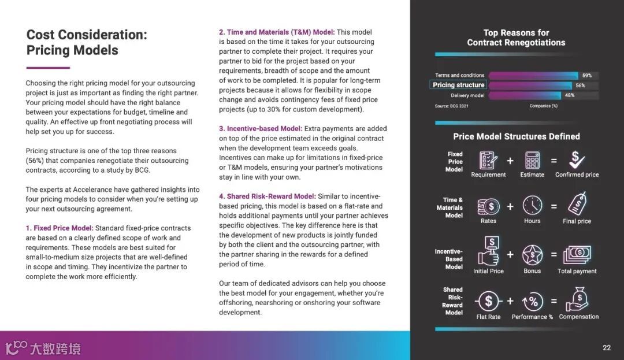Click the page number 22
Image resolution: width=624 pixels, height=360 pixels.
coord(607,347)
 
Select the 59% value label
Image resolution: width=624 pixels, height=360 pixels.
coord(587,76)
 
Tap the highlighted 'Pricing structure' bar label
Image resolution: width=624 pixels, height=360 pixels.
coord(459,85)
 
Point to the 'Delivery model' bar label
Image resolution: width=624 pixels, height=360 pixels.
coord(467,95)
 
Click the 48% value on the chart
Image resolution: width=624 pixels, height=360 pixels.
coord(569,95)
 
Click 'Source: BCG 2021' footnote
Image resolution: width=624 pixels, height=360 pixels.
coord(451,106)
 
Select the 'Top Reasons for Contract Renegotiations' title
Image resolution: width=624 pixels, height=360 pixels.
coord(516,38)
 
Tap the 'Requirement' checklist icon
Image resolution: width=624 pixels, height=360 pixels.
coord(488,159)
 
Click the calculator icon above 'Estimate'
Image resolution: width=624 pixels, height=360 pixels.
coord(532,159)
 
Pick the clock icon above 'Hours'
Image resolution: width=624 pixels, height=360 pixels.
coord(532,206)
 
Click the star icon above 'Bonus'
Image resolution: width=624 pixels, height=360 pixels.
coord(532,255)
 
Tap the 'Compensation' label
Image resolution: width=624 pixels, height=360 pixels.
coord(579,317)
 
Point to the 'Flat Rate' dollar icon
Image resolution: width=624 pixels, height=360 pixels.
coord(489,301)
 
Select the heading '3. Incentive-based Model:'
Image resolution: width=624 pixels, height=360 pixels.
coord(260,129)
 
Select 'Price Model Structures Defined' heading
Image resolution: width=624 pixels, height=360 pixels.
coord(516,136)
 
